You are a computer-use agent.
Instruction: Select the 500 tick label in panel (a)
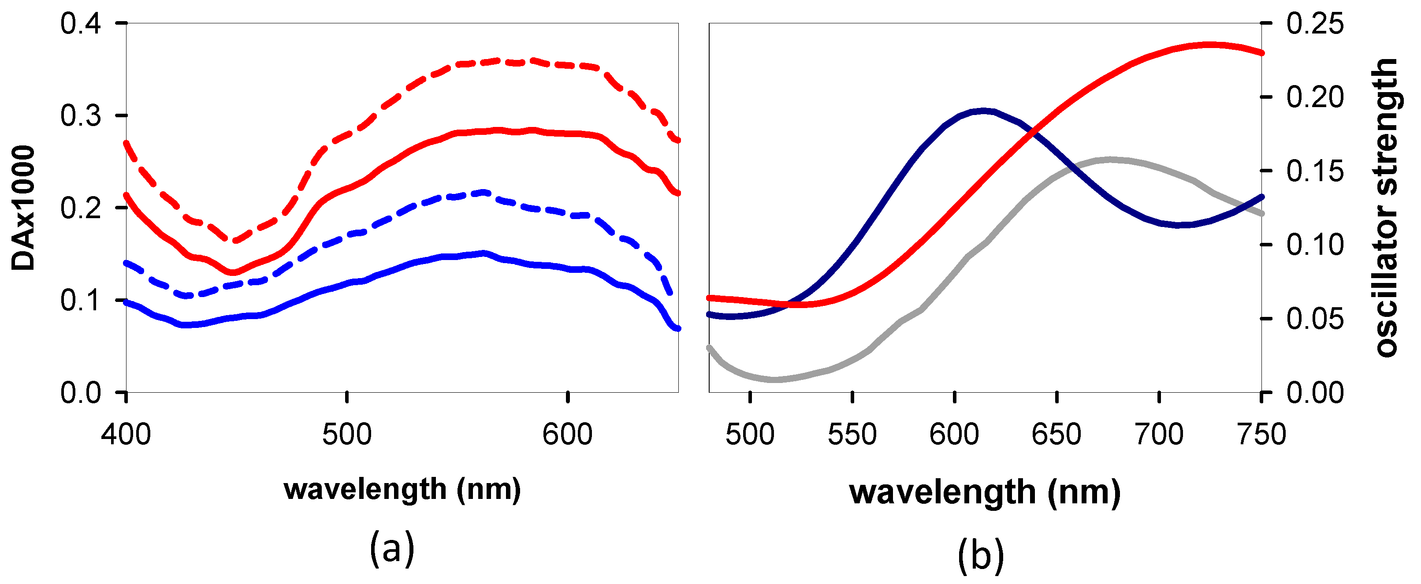[347, 435]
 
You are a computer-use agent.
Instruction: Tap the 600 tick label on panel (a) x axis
[568, 435]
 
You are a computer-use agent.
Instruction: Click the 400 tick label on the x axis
[126, 435]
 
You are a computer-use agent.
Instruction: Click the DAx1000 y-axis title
[23, 208]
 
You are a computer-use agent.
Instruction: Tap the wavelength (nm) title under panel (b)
[985, 492]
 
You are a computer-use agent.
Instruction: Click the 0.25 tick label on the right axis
[1316, 24]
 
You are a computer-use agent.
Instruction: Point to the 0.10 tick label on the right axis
[1316, 245]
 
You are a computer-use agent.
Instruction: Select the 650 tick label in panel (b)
[1056, 435]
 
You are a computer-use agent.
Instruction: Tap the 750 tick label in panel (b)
[1261, 435]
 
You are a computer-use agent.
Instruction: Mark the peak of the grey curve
[1109, 160]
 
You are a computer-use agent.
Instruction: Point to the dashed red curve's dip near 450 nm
[234, 241]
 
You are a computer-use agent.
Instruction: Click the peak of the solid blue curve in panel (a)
[484, 253]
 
